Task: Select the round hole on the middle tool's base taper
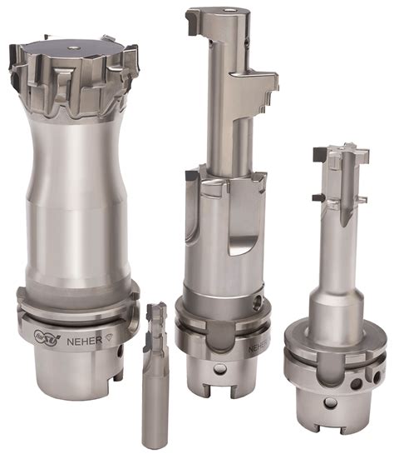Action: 219,367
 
